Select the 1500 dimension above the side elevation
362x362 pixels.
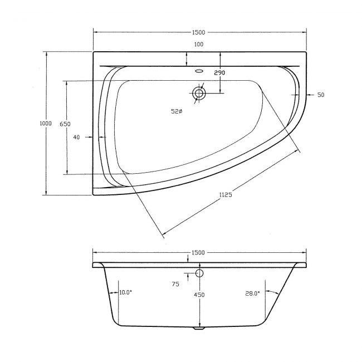(x=198, y=252)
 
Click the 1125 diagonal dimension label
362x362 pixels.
(x=226, y=195)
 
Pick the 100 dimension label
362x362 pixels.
(x=198, y=44)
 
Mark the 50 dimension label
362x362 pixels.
(x=320, y=95)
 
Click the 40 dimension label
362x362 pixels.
(x=76, y=137)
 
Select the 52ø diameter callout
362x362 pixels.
(x=176, y=111)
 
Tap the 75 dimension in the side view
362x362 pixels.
(x=175, y=284)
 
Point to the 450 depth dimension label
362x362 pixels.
(x=199, y=295)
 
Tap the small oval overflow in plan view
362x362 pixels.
(x=199, y=71)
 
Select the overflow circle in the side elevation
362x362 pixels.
(x=199, y=273)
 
